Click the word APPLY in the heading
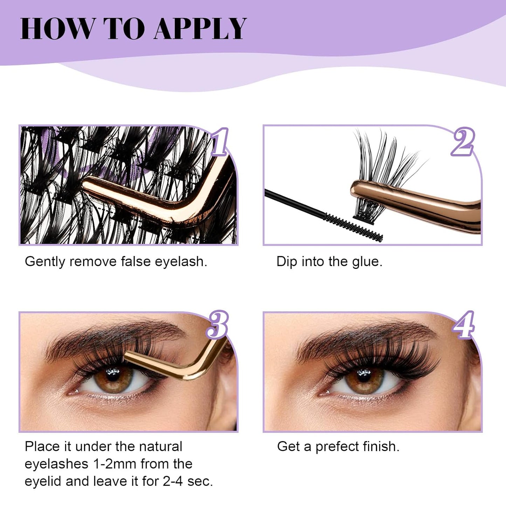click(x=200, y=29)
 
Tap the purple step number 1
click(x=220, y=142)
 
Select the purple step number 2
click(x=463, y=142)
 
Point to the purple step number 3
click(x=218, y=325)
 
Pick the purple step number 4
click(x=464, y=325)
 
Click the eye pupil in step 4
click(x=364, y=375)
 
